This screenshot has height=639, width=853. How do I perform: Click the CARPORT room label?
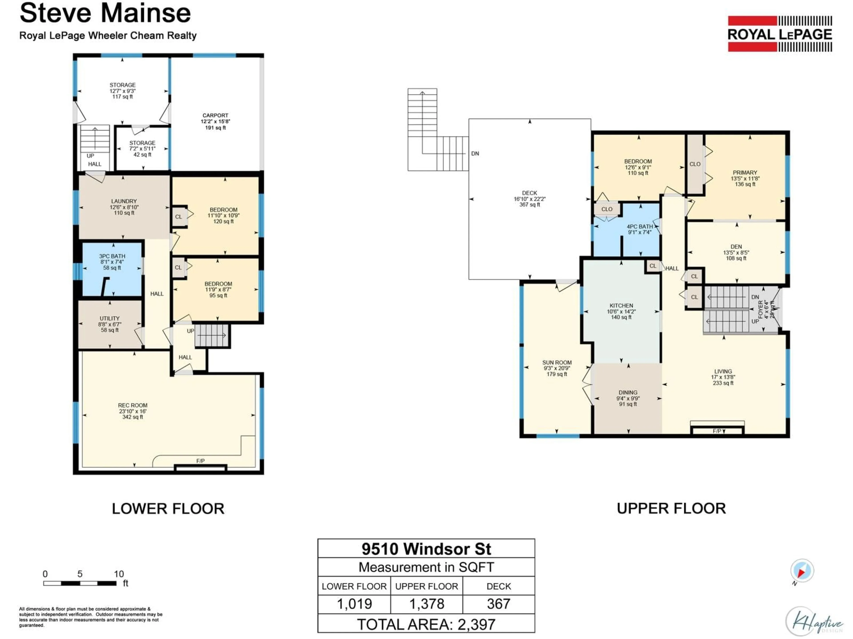[215, 116]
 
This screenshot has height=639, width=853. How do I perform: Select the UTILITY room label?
[110, 319]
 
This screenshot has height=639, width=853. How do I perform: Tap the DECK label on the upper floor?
[530, 193]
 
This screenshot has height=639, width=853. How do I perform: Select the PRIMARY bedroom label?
[745, 173]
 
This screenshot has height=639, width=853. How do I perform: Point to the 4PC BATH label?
[640, 227]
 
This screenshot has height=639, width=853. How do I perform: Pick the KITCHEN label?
[621, 306]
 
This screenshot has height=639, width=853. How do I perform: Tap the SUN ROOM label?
[556, 363]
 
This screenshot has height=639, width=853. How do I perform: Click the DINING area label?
[628, 392]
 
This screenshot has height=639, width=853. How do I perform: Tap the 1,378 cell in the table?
[426, 603]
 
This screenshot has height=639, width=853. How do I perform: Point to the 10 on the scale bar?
[119, 574]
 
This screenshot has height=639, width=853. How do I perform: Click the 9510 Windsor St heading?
[426, 549]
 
